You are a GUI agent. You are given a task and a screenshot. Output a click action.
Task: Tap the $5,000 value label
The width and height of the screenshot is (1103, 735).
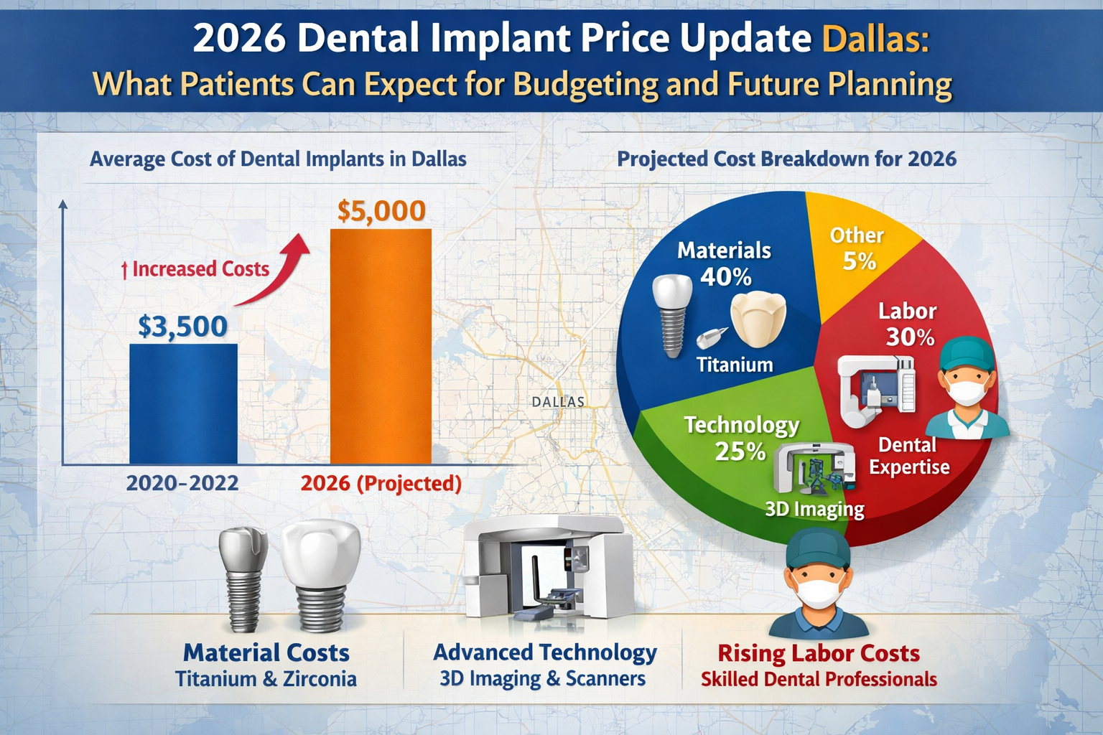[381, 210]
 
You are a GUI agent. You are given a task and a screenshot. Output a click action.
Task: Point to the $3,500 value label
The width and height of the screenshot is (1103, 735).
[182, 326]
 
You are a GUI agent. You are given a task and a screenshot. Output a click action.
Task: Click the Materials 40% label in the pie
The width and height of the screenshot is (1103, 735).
[724, 263]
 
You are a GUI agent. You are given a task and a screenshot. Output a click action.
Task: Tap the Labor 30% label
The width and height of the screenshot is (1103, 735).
[908, 324]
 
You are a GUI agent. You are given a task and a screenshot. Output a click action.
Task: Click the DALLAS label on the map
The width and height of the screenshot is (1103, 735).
[558, 402]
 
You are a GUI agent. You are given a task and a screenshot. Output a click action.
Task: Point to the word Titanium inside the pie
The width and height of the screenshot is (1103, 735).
[735, 365]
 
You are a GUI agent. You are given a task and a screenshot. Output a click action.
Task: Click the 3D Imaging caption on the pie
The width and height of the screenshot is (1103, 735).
[814, 509]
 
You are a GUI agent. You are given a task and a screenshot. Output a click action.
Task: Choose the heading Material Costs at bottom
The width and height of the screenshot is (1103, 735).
[266, 652]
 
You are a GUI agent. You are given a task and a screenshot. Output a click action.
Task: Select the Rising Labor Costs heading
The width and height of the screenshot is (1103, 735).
[819, 653]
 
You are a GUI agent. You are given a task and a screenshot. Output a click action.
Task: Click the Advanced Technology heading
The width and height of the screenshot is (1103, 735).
[544, 652]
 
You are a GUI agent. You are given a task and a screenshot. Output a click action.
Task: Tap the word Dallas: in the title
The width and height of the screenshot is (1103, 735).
[875, 39]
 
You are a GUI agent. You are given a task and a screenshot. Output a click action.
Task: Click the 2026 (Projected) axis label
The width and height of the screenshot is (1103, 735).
[381, 483]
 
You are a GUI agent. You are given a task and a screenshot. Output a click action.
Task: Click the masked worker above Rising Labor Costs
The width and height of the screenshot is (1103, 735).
[819, 585]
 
